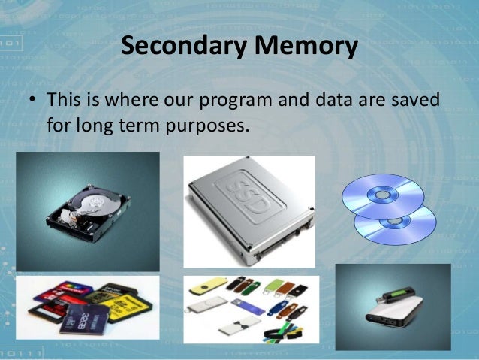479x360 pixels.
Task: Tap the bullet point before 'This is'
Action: coord(34,100)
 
